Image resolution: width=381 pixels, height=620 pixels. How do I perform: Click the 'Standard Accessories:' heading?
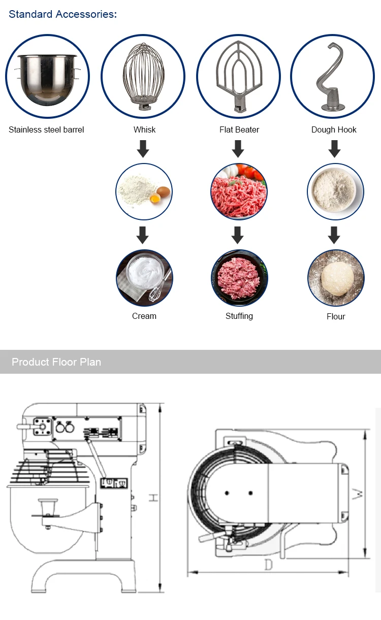click(x=62, y=14)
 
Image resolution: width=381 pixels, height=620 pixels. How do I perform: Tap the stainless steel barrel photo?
click(x=47, y=76)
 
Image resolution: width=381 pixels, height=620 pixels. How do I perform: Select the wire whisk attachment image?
click(x=143, y=76)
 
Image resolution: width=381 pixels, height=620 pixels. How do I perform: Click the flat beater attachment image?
click(x=238, y=76)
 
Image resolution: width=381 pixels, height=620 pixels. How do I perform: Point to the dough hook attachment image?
click(x=333, y=76)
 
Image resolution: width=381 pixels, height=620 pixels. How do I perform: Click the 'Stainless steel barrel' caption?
click(x=46, y=129)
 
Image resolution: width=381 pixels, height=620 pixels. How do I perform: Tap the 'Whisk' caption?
click(x=144, y=129)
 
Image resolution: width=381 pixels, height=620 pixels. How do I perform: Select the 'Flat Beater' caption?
click(x=239, y=129)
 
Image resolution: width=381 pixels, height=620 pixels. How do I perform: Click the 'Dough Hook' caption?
click(x=334, y=129)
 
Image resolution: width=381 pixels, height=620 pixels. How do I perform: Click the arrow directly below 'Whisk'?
click(x=143, y=149)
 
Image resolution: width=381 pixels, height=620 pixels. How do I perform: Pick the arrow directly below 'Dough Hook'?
click(x=334, y=149)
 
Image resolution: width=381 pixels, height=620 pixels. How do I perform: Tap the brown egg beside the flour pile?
click(x=164, y=192)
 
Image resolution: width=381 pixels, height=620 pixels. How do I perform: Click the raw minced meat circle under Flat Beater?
click(x=238, y=191)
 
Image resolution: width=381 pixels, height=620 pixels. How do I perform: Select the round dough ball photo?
click(x=335, y=278)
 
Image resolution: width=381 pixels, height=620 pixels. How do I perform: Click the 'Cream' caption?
click(x=144, y=316)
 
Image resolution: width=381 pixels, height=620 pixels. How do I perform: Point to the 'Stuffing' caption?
click(x=239, y=316)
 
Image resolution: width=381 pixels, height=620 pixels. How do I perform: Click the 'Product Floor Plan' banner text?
click(x=56, y=362)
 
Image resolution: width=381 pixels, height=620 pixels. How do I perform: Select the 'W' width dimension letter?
click(x=359, y=494)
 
